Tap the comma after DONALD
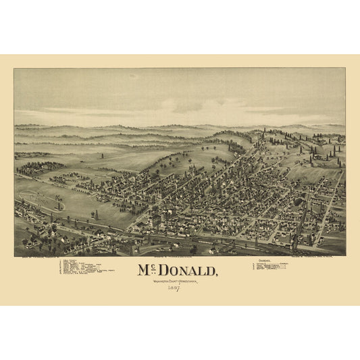coord(217,276)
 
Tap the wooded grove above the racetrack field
coord(41,166)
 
